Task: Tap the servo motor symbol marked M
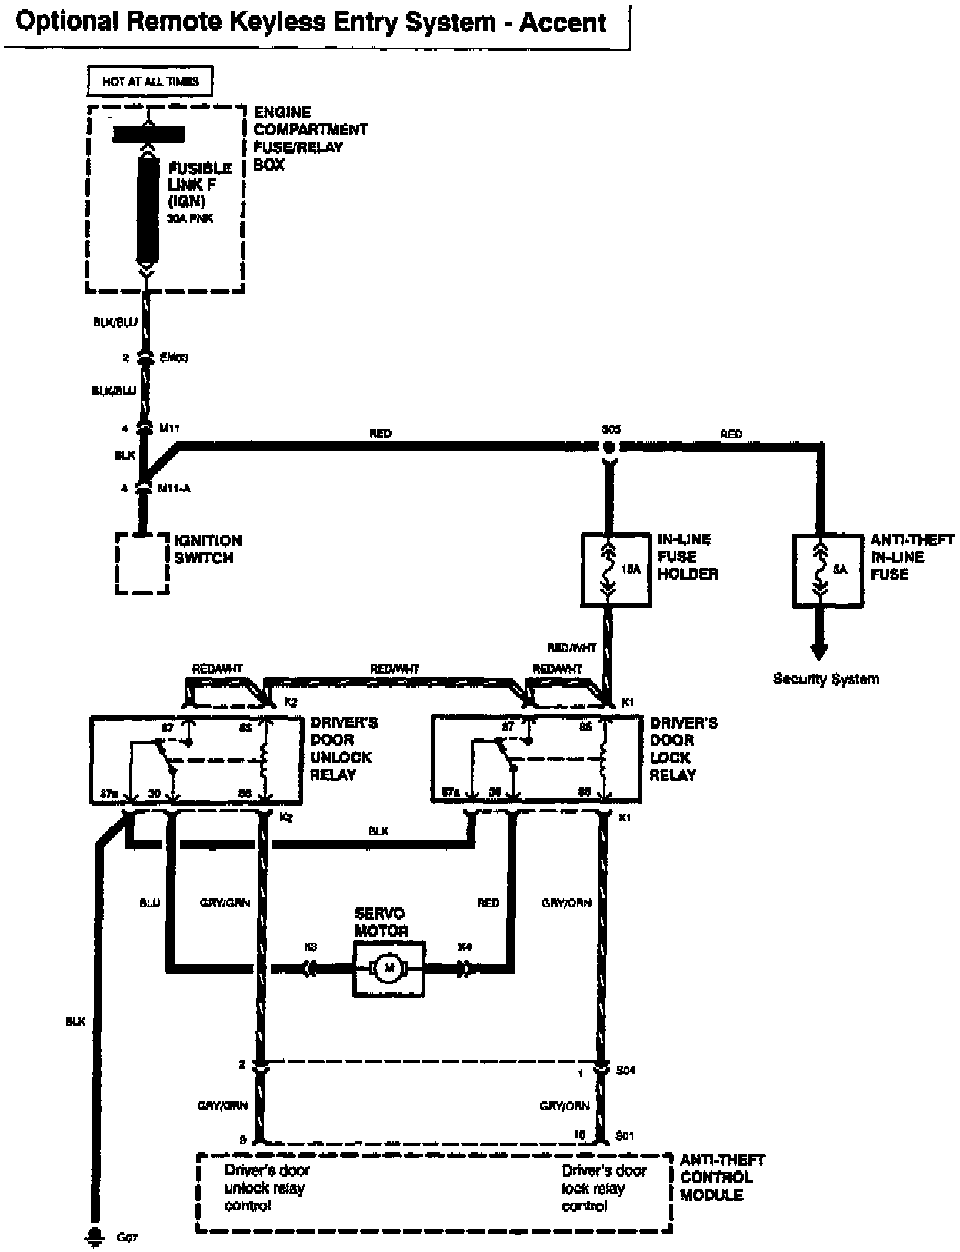click(388, 968)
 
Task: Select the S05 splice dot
click(609, 447)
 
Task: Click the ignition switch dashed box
click(142, 562)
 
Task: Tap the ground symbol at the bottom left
click(96, 1237)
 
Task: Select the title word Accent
click(562, 23)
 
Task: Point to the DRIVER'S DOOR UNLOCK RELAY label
click(343, 748)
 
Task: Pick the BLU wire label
click(149, 903)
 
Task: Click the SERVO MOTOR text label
click(380, 921)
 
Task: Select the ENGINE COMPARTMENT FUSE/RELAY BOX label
click(310, 138)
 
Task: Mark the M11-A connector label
click(173, 488)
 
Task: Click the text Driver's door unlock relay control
click(266, 1188)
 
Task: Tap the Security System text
click(825, 679)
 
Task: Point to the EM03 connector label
click(174, 358)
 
